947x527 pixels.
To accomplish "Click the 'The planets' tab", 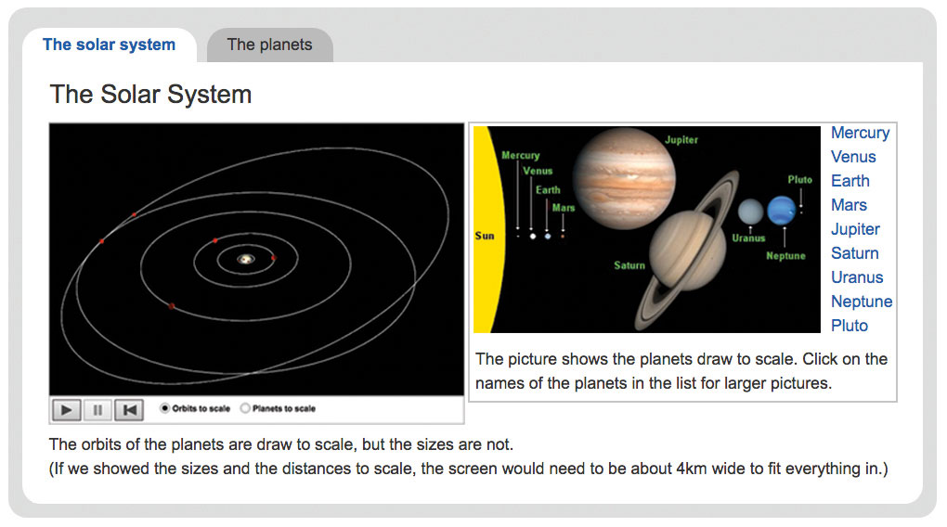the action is click(269, 45).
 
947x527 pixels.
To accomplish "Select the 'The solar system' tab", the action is click(110, 45).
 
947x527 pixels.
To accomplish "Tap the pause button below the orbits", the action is click(97, 410).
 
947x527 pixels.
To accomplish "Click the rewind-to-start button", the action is click(129, 410).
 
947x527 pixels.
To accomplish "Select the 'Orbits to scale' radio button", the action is click(164, 408).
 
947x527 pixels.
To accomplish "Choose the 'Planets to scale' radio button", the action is click(245, 408).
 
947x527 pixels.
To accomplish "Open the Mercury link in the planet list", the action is click(860, 133).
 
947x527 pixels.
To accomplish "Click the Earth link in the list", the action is click(850, 181).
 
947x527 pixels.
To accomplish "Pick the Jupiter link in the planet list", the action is click(855, 229).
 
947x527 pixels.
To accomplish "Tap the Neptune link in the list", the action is click(862, 302).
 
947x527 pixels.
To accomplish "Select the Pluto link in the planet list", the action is click(850, 326).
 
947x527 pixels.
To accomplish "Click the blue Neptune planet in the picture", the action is click(782, 211).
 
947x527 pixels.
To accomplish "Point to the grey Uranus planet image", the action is click(751, 212).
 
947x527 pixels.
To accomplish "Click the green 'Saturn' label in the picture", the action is click(629, 265).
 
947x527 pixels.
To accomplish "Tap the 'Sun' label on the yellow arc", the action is click(485, 236).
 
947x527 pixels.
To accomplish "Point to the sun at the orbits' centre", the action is click(246, 259).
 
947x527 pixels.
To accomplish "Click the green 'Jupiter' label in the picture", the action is click(681, 139).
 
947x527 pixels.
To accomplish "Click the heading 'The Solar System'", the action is click(150, 94).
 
